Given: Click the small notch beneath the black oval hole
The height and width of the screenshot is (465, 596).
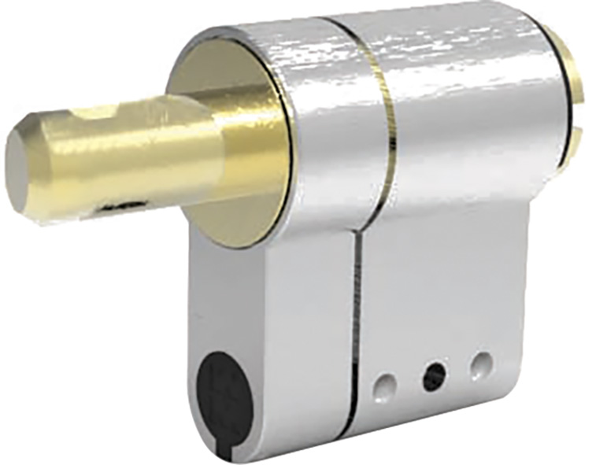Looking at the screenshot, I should [x=228, y=453].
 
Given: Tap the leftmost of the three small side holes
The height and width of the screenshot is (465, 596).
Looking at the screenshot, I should [x=385, y=385].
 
